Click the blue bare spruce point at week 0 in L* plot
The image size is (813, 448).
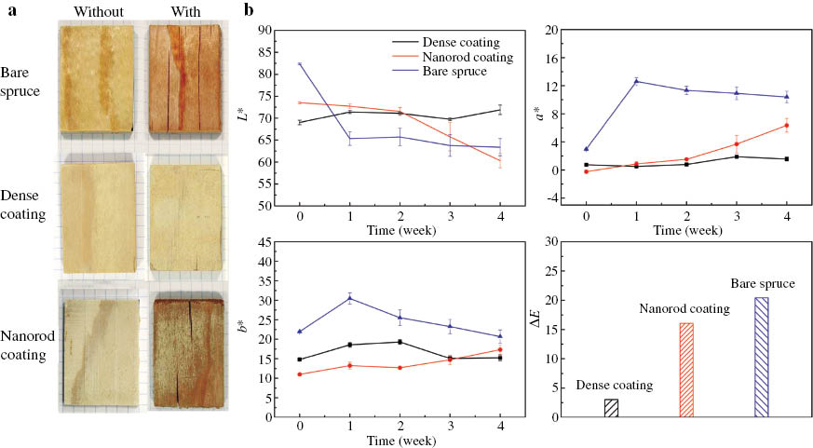click(x=300, y=63)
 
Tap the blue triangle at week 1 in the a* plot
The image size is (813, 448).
click(x=636, y=81)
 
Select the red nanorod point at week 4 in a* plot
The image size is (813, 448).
click(x=787, y=125)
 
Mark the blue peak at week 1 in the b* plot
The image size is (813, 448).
click(x=350, y=298)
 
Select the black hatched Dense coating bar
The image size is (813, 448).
click(x=611, y=408)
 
